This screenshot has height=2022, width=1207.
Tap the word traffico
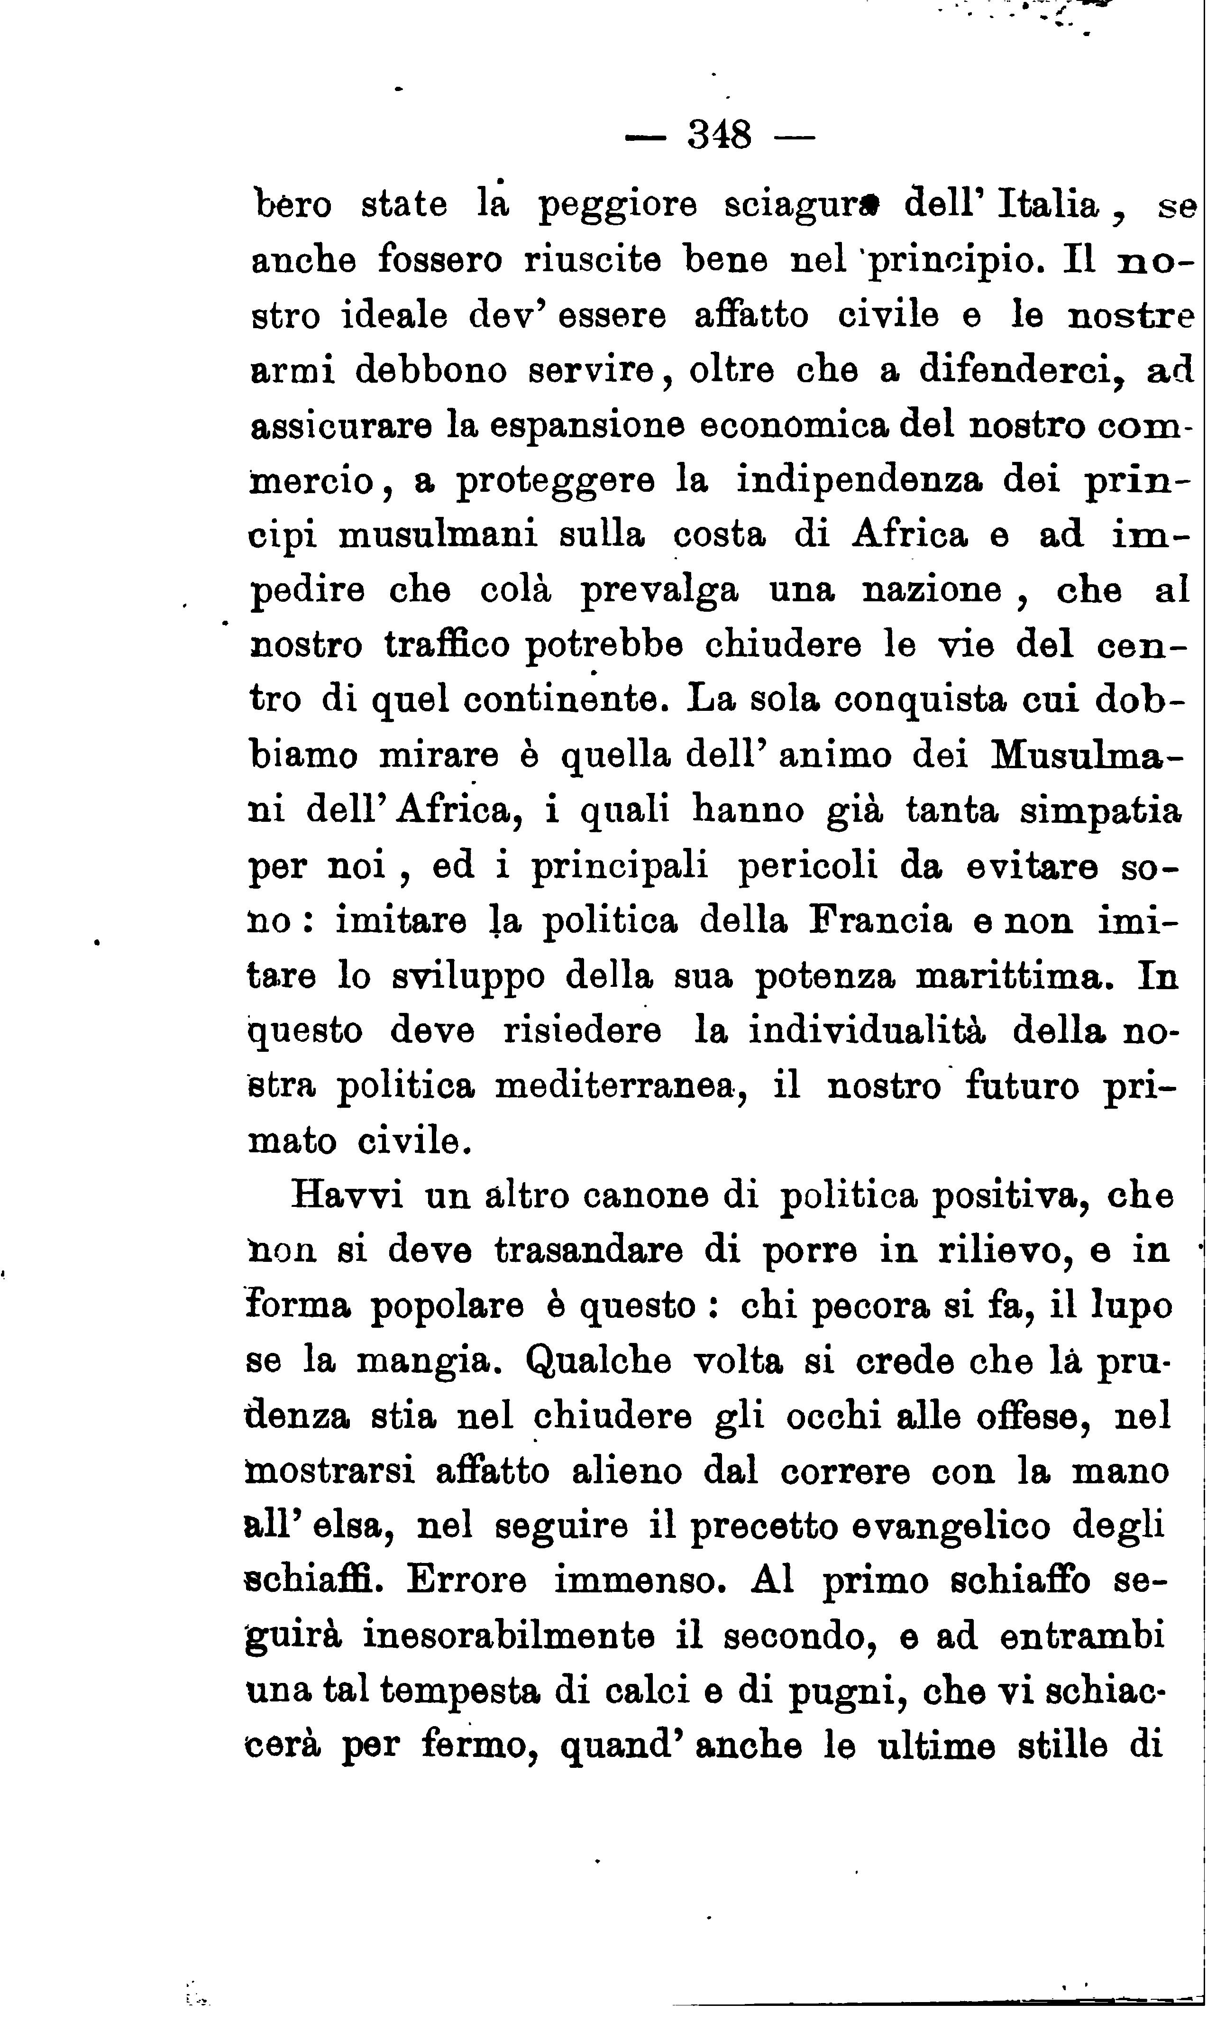pos(447,645)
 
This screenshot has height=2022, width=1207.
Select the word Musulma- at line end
pos(1084,755)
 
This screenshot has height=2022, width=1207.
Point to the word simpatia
pos(1100,810)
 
